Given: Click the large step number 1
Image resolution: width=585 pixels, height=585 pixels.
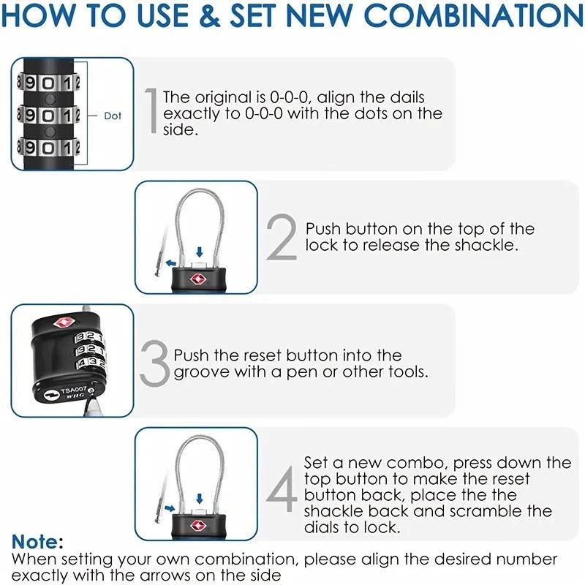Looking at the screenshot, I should click(151, 110).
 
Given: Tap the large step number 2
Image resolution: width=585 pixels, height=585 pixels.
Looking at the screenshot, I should click(282, 238).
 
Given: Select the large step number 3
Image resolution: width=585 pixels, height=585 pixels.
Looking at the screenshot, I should click(154, 363).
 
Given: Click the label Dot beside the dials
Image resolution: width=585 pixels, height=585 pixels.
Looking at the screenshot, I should click(113, 116).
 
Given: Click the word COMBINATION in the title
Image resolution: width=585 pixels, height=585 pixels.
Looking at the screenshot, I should click(474, 16).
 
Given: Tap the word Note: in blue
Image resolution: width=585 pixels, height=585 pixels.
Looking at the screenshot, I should click(37, 543).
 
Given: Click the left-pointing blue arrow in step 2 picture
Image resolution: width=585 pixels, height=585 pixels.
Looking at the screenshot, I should click(170, 262).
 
